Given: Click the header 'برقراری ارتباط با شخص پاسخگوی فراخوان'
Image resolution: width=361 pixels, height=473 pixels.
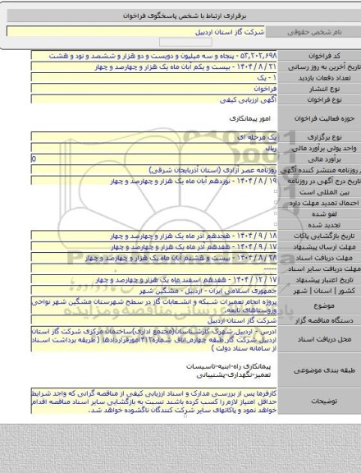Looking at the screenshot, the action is coord(180,16).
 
